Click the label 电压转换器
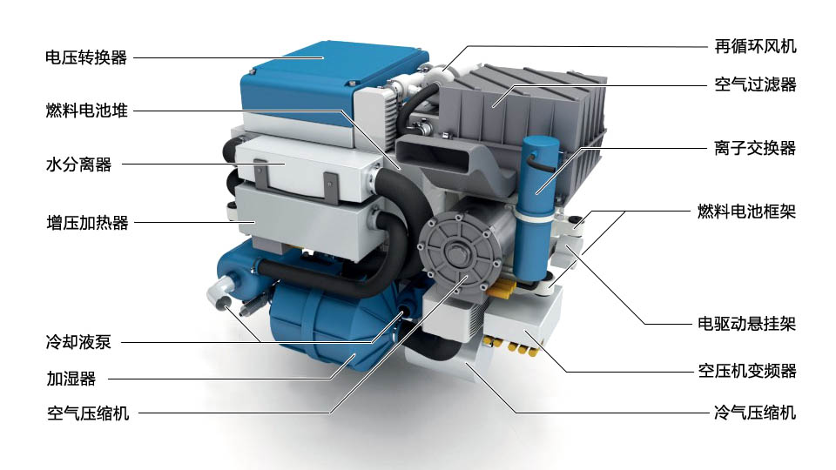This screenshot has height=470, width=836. [x=86, y=57]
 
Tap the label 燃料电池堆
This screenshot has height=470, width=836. [x=86, y=111]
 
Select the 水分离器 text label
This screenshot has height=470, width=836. [x=78, y=164]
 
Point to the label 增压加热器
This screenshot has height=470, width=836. [x=87, y=222]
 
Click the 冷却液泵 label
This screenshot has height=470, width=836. [x=78, y=341]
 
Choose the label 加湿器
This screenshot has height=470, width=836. [x=71, y=379]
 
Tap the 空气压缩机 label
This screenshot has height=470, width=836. [x=88, y=413]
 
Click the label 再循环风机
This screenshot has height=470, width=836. [x=755, y=46]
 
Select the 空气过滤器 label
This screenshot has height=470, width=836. [x=755, y=84]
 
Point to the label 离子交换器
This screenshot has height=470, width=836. [x=754, y=148]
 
